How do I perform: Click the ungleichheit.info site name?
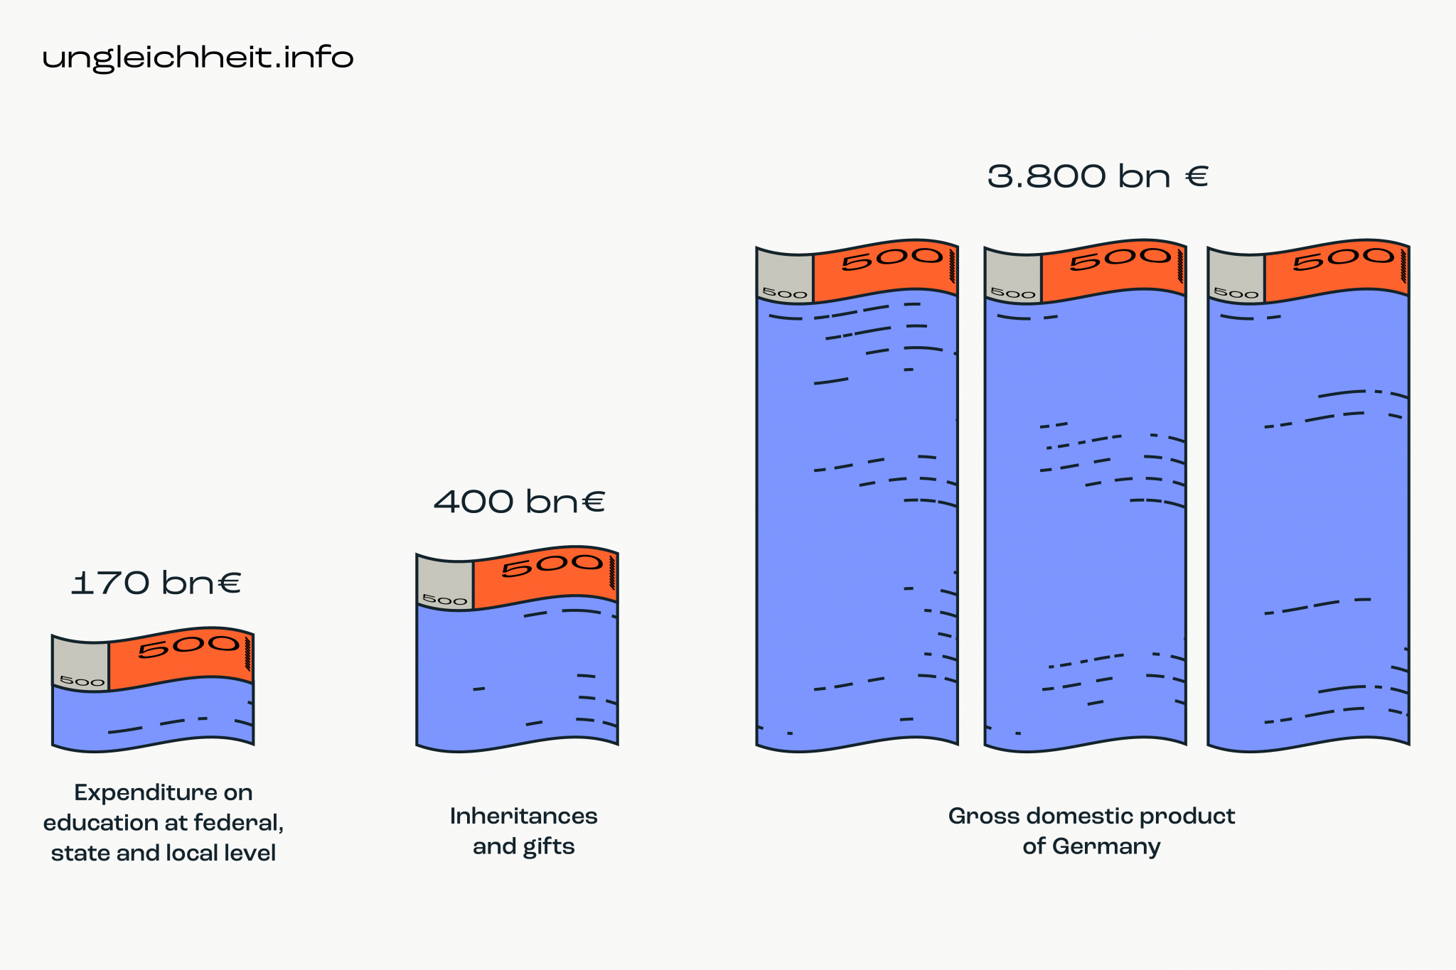(x=198, y=58)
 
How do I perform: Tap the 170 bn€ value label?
(x=156, y=583)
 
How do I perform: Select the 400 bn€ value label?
(x=519, y=502)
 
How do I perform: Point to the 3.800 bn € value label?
(x=1098, y=176)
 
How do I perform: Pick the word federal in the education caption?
(x=238, y=823)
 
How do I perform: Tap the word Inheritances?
(x=523, y=816)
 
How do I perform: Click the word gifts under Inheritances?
(x=548, y=847)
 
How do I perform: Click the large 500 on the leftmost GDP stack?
(x=892, y=259)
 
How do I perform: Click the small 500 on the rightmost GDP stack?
(x=1236, y=293)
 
